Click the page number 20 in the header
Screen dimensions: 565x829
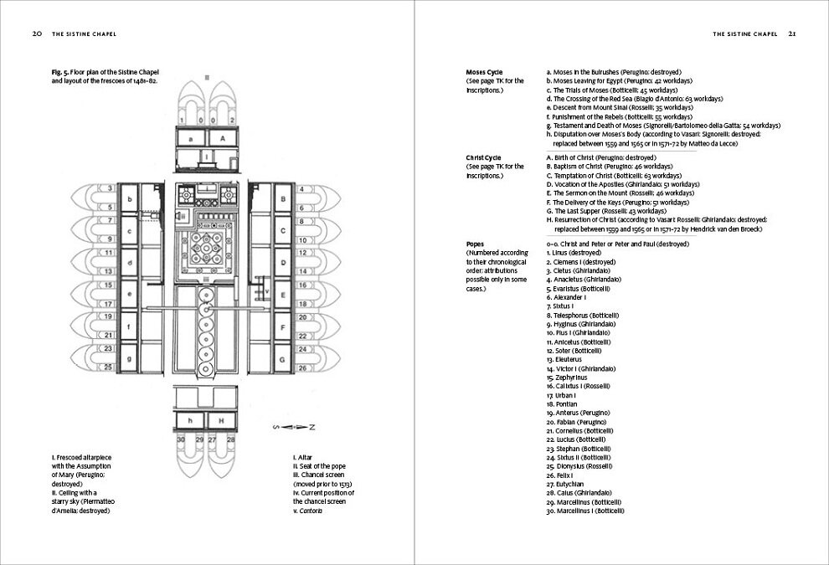coord(37,34)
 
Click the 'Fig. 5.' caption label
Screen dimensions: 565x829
coord(60,73)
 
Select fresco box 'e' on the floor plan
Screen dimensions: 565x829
coord(130,294)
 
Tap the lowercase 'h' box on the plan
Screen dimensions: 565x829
coord(191,419)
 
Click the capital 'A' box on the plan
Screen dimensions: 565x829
coord(222,138)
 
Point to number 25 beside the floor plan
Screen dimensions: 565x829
coord(109,367)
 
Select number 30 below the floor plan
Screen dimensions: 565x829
coord(180,439)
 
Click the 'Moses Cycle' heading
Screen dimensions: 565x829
coord(484,73)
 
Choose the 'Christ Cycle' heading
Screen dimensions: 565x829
coord(484,157)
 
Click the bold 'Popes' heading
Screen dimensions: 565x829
coord(476,244)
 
